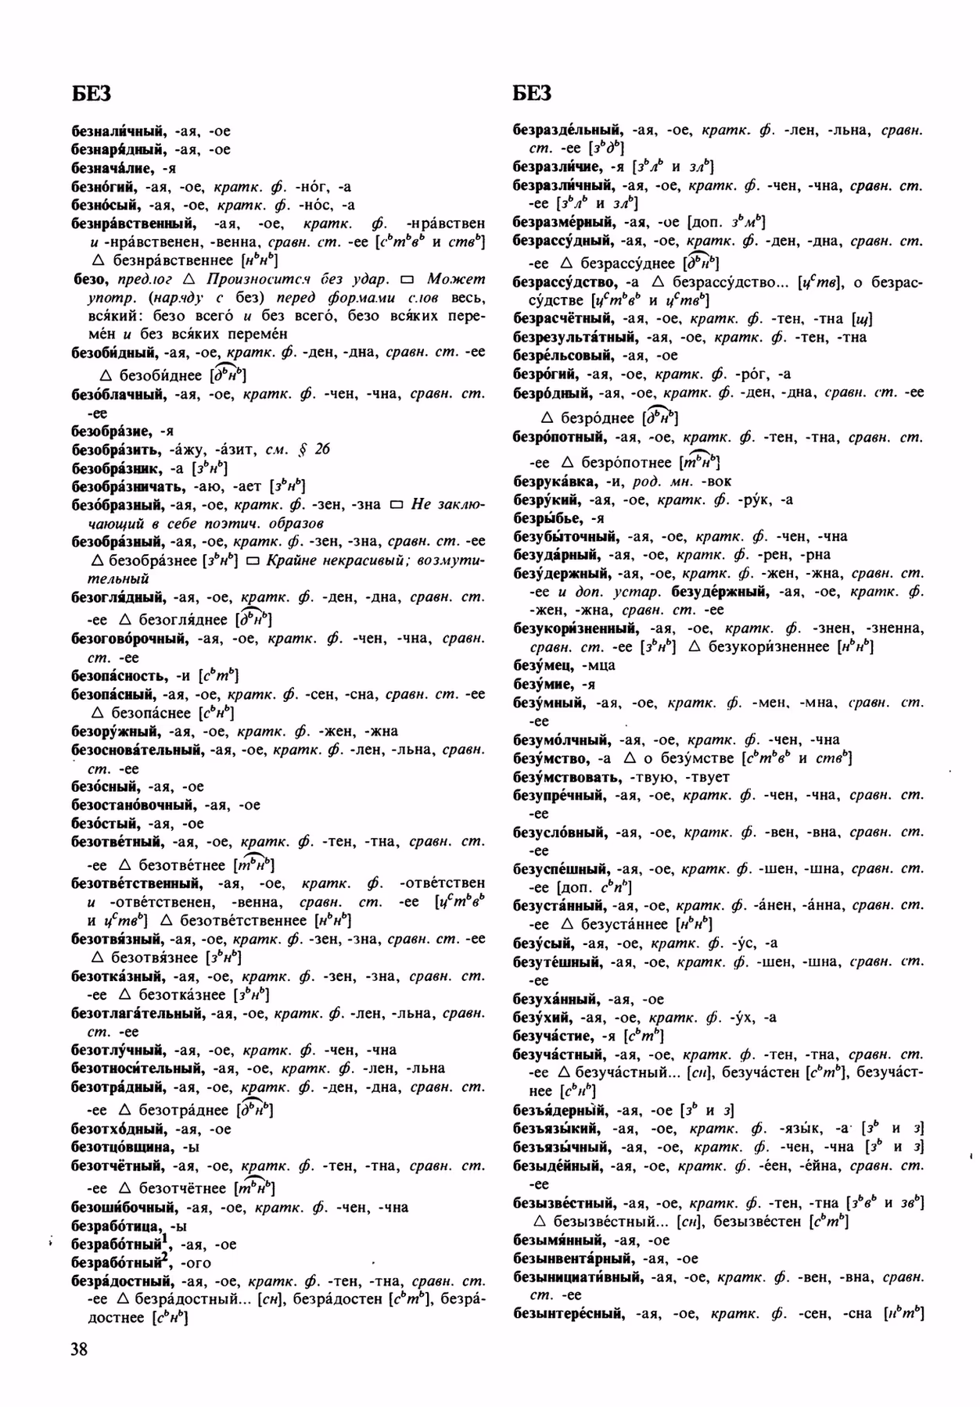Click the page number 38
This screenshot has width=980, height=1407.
78,1350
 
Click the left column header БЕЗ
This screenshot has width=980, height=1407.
91,93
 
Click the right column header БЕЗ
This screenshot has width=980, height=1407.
533,93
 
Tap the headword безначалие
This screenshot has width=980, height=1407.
113,168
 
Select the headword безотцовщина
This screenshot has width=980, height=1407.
122,1147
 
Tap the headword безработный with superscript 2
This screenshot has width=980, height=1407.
119,1262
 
